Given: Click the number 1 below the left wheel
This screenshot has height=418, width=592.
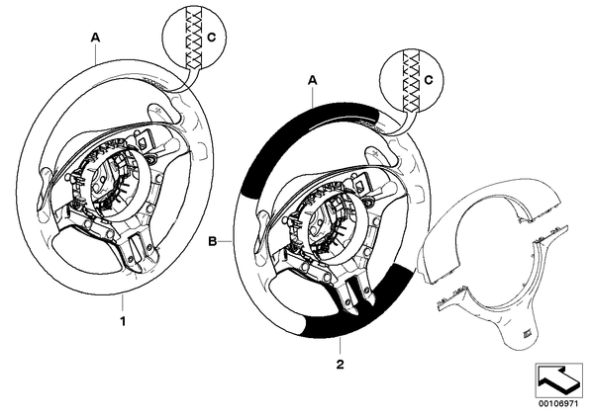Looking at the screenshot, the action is click(x=123, y=321).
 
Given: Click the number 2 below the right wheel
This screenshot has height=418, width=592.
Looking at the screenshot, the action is click(x=341, y=365).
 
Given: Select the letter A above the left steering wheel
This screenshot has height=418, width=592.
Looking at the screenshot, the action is click(x=95, y=38).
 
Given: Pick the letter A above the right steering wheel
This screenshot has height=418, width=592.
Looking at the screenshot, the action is click(x=313, y=80).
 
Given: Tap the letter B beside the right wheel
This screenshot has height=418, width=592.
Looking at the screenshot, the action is click(x=213, y=241).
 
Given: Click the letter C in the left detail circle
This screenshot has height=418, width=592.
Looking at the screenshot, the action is click(x=212, y=37).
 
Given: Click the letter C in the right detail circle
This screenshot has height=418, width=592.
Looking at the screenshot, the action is click(x=428, y=80).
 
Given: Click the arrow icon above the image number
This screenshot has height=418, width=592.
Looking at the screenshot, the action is click(x=558, y=379).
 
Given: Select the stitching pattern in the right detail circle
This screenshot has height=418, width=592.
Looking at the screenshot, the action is click(x=411, y=80).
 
